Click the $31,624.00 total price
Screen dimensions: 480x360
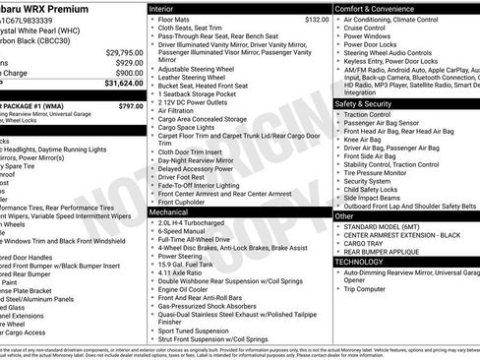pyautogui.click(x=119, y=84)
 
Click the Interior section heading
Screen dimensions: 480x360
pyautogui.click(x=164, y=7)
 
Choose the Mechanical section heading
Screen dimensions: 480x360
pyautogui.click(x=170, y=211)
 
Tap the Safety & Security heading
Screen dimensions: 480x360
pyautogui.click(x=371, y=103)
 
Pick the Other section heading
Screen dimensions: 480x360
pyautogui.click(x=345, y=215)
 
